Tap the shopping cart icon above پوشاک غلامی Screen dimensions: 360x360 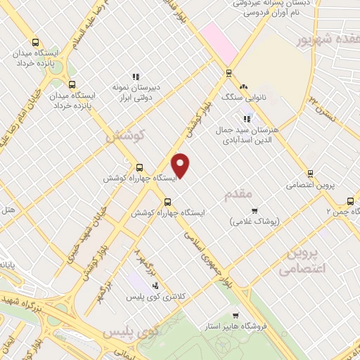(255, 210)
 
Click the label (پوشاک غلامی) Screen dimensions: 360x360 (255, 221)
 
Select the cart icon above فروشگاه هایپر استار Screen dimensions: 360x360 (236, 316)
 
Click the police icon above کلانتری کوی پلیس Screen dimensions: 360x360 (155, 285)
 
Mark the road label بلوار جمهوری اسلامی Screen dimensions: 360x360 (207, 255)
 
